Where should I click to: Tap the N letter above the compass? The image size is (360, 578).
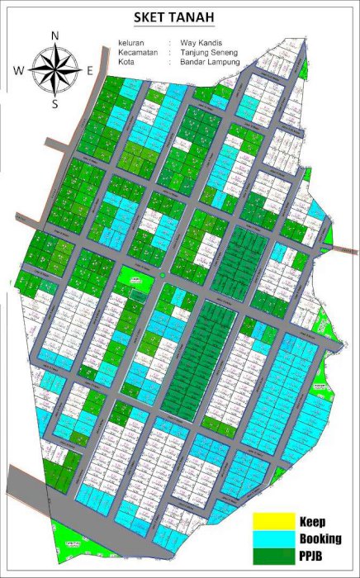click(54, 36)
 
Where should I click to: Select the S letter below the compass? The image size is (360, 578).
click(54, 104)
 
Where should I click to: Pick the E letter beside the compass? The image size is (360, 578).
click(89, 71)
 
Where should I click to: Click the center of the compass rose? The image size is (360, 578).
click(54, 70)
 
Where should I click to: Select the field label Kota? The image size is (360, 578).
click(126, 62)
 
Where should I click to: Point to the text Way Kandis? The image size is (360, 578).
click(197, 42)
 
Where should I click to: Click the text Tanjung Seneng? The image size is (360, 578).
click(205, 52)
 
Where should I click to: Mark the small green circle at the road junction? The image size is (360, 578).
click(163, 274)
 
